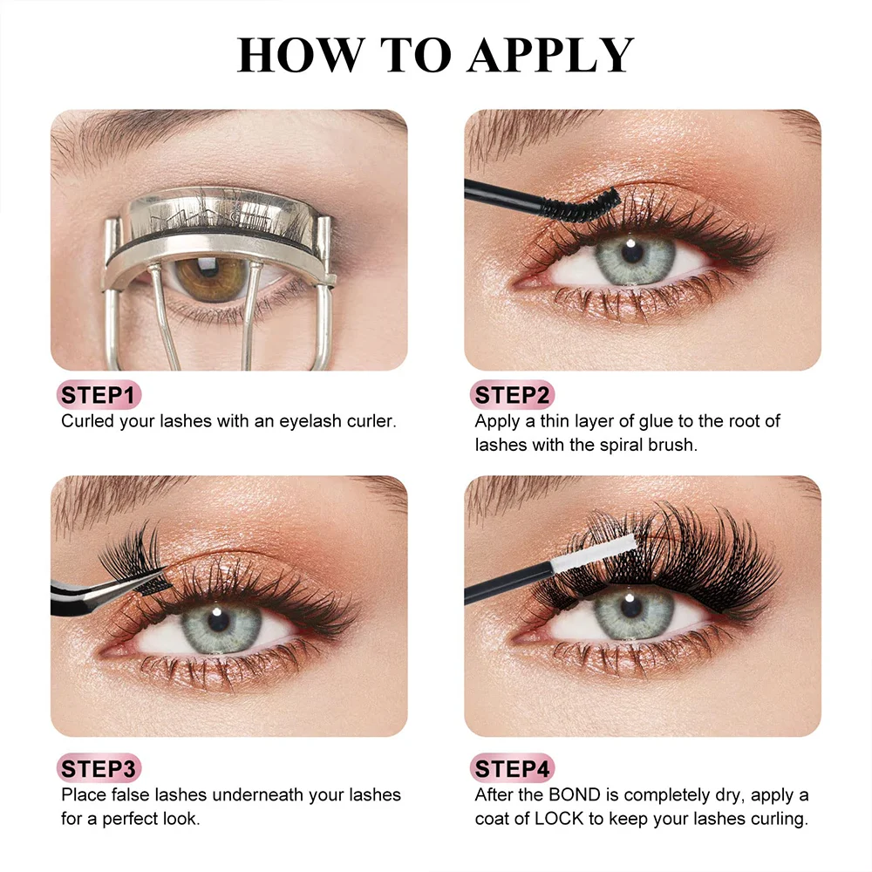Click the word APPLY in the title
pyautogui.click(x=550, y=55)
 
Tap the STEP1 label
pyautogui.click(x=99, y=396)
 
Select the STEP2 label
pyautogui.click(x=513, y=396)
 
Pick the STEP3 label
pyautogui.click(x=99, y=769)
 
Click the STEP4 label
pyautogui.click(x=513, y=769)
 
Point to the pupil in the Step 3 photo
pyautogui.click(x=217, y=621)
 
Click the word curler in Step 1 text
pyautogui.click(x=371, y=421)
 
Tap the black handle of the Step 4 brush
pyautogui.click(x=497, y=586)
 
